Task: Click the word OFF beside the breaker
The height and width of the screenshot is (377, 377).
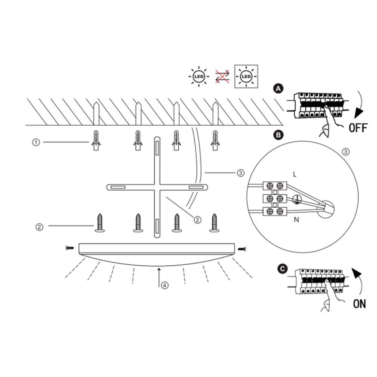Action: point(357,127)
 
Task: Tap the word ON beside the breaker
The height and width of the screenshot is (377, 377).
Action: point(359,303)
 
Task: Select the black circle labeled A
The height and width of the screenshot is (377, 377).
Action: point(278,89)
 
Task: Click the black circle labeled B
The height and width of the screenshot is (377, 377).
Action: point(278,135)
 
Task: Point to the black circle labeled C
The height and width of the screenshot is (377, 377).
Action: point(281,269)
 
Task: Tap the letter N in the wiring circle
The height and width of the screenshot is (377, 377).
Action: point(296,219)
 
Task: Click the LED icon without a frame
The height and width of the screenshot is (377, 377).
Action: point(198,77)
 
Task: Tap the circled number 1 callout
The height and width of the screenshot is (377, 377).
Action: point(36,142)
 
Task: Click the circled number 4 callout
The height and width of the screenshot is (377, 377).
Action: point(164,285)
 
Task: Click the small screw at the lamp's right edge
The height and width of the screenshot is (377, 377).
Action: point(242,248)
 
